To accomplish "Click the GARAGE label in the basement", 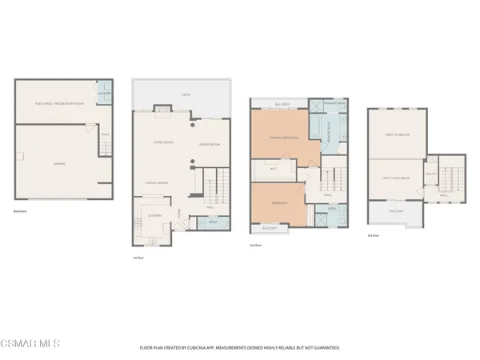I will point(60,163).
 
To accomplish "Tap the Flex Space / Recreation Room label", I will point(50,104).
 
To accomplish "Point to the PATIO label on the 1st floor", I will point(186,95).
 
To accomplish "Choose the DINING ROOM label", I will point(210,144).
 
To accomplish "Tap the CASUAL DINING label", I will point(155,182).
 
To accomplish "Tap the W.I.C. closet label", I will point(273,169).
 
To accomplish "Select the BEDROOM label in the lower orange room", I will point(277,203).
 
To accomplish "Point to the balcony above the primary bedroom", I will point(282,104).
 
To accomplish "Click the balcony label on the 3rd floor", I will point(395,211).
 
